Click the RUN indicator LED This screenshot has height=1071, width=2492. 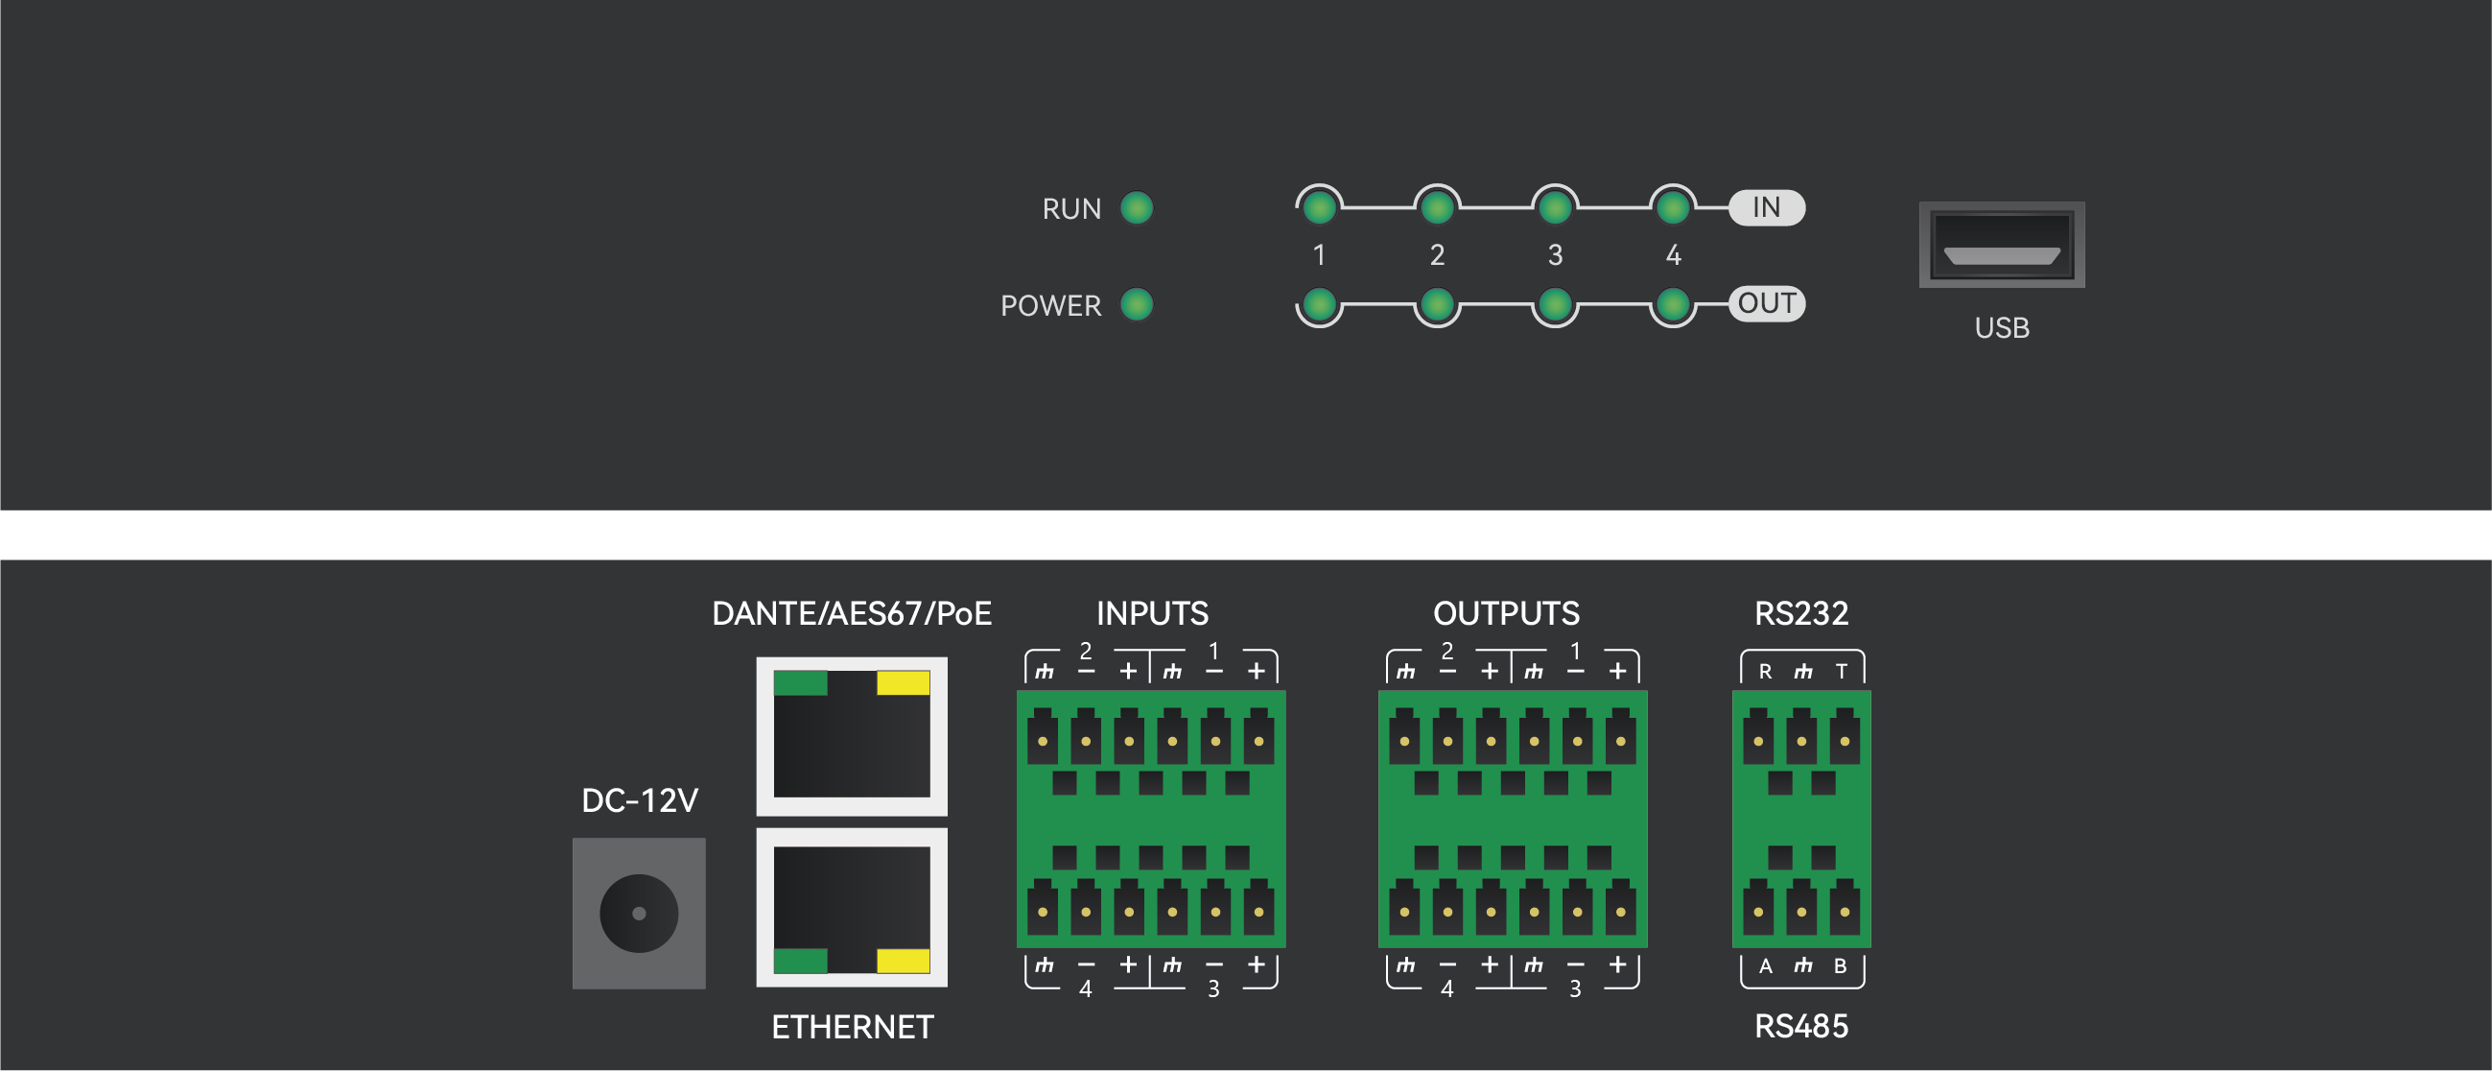click(x=1137, y=208)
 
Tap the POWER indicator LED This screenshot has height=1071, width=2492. click(x=1137, y=305)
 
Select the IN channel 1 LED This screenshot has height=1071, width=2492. click(x=1319, y=207)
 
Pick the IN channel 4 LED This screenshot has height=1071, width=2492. click(x=1673, y=207)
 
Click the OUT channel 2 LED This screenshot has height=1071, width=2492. click(x=1437, y=305)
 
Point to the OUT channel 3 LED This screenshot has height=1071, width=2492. click(x=1555, y=305)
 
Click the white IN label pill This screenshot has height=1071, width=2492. click(x=1767, y=207)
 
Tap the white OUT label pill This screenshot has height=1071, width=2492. click(x=1767, y=304)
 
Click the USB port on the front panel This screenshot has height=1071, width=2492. click(x=2002, y=245)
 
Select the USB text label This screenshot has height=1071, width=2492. click(x=2002, y=328)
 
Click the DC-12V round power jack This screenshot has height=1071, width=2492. click(x=639, y=914)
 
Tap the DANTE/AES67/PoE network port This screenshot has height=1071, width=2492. click(x=852, y=736)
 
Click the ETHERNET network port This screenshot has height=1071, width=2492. click(x=852, y=908)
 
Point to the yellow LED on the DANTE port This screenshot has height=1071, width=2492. click(x=903, y=683)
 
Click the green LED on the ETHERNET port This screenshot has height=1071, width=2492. click(x=800, y=961)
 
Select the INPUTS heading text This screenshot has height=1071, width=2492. click(x=1152, y=613)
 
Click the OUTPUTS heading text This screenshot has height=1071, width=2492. click(x=1506, y=613)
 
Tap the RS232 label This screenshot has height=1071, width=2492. click(x=1801, y=613)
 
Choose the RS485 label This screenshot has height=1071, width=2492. click(x=1801, y=1027)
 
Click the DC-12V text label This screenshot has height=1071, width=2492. click(x=640, y=800)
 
